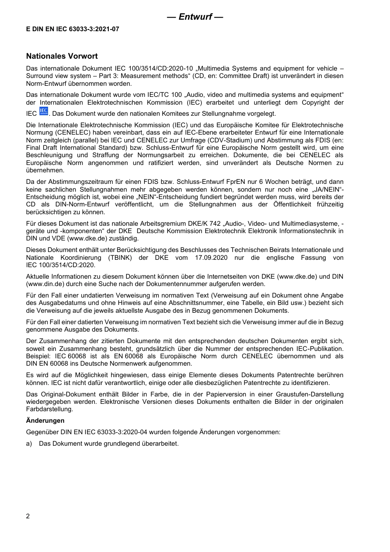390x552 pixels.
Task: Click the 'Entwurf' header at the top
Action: (x=195, y=17)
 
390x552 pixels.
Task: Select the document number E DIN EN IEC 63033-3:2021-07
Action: (x=73, y=29)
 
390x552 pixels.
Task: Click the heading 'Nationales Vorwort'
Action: (x=62, y=56)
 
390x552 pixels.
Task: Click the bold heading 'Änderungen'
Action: (x=45, y=420)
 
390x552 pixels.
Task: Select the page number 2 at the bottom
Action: (x=28, y=516)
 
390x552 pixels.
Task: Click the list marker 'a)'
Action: (x=29, y=444)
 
